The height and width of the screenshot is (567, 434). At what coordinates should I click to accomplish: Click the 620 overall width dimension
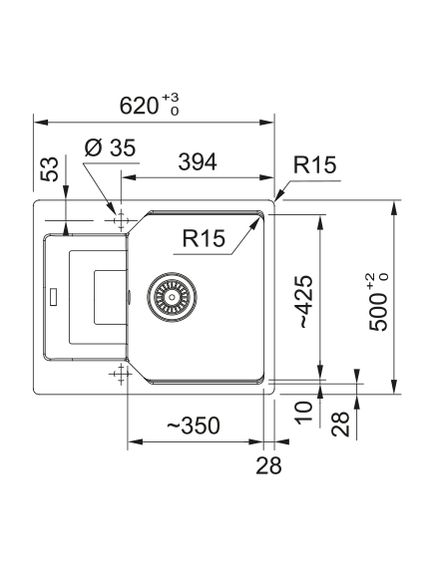coord(140,106)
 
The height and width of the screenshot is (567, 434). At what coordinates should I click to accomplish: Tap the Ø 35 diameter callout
coord(110,147)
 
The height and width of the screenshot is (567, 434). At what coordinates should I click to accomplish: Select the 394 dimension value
coord(198,162)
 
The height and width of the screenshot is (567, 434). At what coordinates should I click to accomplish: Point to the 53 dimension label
coord(49,168)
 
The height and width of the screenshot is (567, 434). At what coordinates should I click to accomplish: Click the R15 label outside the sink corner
coord(314,164)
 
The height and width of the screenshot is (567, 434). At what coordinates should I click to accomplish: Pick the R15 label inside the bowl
coord(204,238)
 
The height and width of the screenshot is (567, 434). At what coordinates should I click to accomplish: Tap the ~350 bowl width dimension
coord(194,425)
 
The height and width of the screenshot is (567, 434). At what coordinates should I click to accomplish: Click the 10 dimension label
coord(303,413)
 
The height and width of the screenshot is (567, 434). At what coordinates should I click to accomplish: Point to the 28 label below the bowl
coord(268,465)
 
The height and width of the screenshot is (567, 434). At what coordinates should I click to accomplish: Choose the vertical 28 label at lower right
coord(340,425)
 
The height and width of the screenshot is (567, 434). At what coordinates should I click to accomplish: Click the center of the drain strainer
coord(172,297)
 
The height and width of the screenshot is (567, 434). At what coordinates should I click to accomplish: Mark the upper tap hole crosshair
coord(121,220)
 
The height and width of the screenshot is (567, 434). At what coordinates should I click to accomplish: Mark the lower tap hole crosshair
coord(121,374)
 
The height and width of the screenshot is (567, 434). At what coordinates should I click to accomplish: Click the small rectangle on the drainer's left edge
coord(53,297)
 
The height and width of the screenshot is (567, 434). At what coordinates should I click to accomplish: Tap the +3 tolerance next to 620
coord(171,98)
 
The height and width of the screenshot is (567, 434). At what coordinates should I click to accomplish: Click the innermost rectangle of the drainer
coord(111,297)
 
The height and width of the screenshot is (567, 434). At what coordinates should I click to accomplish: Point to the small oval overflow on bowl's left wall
coord(129,297)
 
